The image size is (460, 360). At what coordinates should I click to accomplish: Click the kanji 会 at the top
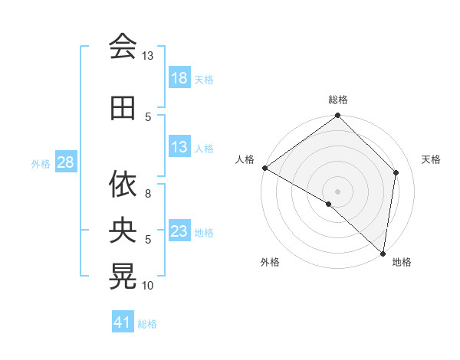coord(123,46)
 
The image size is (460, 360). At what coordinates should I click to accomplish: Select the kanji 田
coord(123,108)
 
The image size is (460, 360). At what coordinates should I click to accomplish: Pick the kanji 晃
coord(123,277)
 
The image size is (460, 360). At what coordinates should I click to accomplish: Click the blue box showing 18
coord(179,78)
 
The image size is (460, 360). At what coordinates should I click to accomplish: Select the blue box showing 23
coord(179,231)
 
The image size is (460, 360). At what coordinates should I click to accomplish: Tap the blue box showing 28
coord(65,162)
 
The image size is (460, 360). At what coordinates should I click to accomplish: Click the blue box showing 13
coord(179,147)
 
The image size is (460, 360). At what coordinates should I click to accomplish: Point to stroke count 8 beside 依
coord(147,193)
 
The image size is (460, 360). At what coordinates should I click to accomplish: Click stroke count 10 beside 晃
coord(148,286)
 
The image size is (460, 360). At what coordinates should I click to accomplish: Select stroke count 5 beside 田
coord(147,116)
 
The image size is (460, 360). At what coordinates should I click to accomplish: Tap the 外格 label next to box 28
coord(41,163)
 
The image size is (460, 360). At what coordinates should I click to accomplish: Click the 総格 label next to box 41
coord(148,324)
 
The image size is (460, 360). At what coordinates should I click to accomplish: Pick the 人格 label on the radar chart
coord(245,159)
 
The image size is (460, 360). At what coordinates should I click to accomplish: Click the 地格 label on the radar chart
coord(402,262)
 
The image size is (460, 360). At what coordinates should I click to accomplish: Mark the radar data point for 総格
coord(337,116)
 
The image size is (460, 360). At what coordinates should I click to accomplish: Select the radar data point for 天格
coord(396,172)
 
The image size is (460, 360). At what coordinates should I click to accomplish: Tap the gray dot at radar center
coord(337,191)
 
